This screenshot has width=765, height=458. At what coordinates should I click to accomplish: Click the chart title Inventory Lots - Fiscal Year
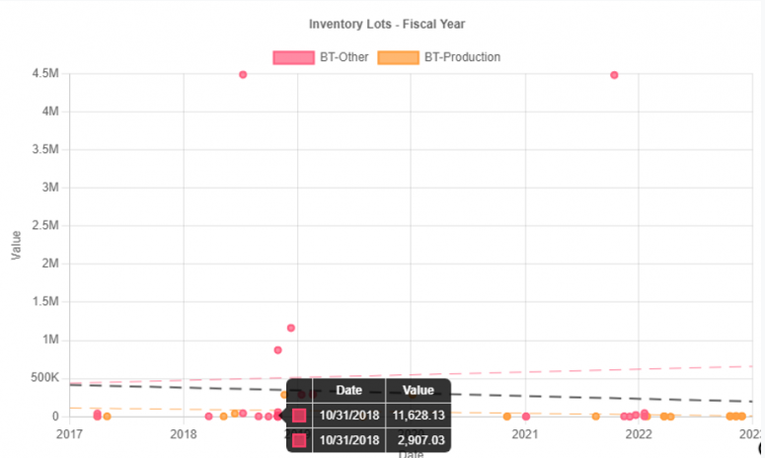(386, 24)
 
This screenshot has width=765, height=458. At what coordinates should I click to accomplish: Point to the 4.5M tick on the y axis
(45, 74)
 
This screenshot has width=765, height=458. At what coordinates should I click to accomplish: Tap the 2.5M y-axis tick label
(45, 226)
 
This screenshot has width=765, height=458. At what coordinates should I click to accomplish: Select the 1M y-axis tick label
(50, 341)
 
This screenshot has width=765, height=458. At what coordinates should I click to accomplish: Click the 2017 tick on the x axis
(70, 433)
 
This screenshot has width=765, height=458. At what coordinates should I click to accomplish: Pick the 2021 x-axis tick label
(525, 433)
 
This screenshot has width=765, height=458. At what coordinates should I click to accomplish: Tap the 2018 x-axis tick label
(184, 433)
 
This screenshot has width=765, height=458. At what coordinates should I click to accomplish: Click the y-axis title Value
(16, 245)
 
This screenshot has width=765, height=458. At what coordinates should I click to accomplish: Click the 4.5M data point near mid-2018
(243, 75)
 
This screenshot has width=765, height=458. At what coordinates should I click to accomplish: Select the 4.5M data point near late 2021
(614, 75)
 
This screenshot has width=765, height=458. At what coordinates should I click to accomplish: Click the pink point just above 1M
(291, 328)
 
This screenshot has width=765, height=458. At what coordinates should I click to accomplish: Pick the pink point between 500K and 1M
(277, 350)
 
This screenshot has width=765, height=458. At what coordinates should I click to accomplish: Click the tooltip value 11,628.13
(418, 416)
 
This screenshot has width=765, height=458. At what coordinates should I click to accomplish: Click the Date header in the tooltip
(349, 391)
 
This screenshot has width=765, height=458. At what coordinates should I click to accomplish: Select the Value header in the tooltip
(419, 391)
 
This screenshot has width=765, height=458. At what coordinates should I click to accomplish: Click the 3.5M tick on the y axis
(45, 150)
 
